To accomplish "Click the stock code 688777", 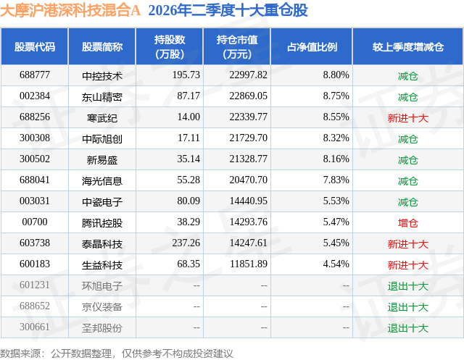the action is pyautogui.click(x=35, y=75).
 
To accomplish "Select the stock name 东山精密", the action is pyautogui.click(x=102, y=96).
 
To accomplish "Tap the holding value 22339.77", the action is pyautogui.click(x=248, y=117).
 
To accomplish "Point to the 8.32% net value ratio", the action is pyautogui.click(x=336, y=138).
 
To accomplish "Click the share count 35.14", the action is pyautogui.click(x=188, y=159).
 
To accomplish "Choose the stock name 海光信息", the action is pyautogui.click(x=102, y=180).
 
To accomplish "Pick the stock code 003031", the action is pyautogui.click(x=35, y=201).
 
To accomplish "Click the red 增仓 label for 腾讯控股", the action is pyautogui.click(x=407, y=222).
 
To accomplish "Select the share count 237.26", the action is pyautogui.click(x=186, y=243).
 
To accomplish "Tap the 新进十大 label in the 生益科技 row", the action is pyautogui.click(x=407, y=264).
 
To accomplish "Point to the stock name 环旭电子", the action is pyautogui.click(x=102, y=285).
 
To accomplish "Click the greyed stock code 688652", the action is pyautogui.click(x=35, y=306).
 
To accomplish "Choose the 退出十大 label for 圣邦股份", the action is pyautogui.click(x=407, y=327).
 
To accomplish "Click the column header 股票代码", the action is pyautogui.click(x=35, y=46).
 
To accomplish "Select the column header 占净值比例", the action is pyautogui.click(x=312, y=46).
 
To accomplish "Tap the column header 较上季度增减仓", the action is pyautogui.click(x=408, y=46).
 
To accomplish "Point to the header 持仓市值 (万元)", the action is pyautogui.click(x=237, y=46).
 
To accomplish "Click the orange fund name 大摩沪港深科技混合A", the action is pyautogui.click(x=70, y=10).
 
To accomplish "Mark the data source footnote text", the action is pyautogui.click(x=117, y=353).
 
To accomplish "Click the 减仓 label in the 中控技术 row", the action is pyautogui.click(x=407, y=75).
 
